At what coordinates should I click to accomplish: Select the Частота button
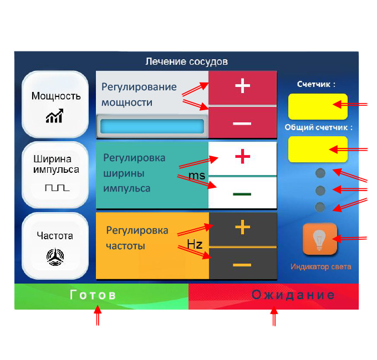(55, 244)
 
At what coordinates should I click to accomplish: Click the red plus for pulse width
(242, 158)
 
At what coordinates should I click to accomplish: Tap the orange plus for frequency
(242, 228)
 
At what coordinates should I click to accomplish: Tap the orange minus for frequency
(242, 265)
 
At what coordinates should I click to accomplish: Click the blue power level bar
(152, 127)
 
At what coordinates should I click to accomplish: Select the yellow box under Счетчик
(318, 106)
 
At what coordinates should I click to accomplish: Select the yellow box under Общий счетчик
(318, 149)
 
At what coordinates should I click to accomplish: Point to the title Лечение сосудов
(186, 61)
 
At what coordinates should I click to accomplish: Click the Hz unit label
(194, 244)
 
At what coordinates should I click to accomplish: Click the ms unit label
(196, 176)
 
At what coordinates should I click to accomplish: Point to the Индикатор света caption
(320, 267)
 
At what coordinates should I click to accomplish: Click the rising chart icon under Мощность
(54, 116)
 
